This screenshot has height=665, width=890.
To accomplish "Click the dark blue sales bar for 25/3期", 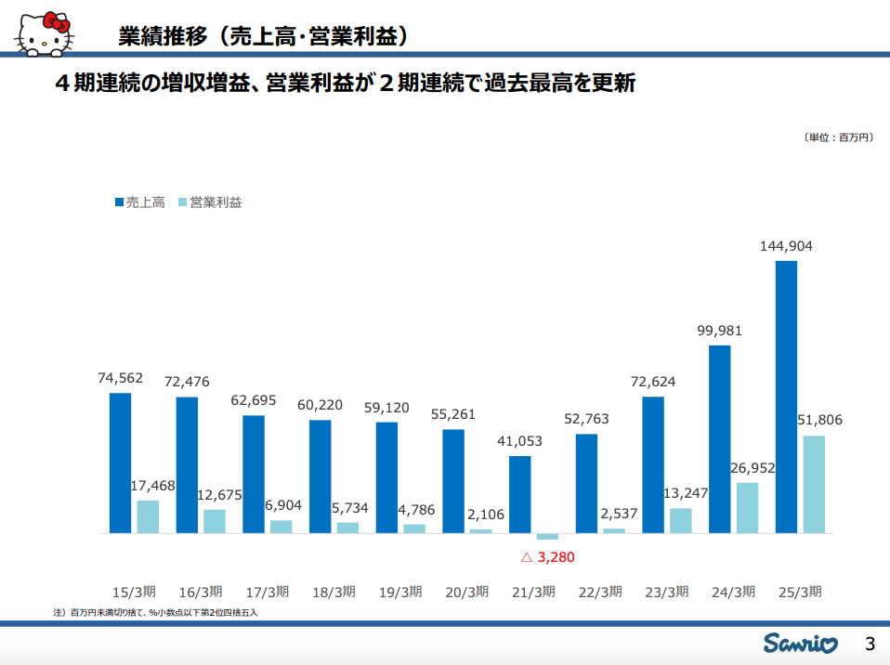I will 786,397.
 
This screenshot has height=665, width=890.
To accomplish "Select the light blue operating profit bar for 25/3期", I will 813,484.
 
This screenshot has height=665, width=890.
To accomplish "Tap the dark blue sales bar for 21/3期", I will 519,494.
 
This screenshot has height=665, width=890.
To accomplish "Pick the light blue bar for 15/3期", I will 148,516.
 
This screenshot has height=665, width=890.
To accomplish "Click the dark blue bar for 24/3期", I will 719,439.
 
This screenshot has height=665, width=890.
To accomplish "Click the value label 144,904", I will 786,246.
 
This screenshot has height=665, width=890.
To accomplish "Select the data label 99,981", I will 719,331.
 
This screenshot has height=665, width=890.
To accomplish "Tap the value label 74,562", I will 121,377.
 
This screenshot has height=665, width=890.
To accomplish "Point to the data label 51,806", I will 819,420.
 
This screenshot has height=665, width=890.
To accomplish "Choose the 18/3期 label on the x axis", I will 334,592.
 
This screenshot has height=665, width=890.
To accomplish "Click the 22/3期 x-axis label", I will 599,592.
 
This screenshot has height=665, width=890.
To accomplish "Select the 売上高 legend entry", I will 139,202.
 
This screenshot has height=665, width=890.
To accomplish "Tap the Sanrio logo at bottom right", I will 801,643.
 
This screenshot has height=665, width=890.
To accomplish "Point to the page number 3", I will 870,643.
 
